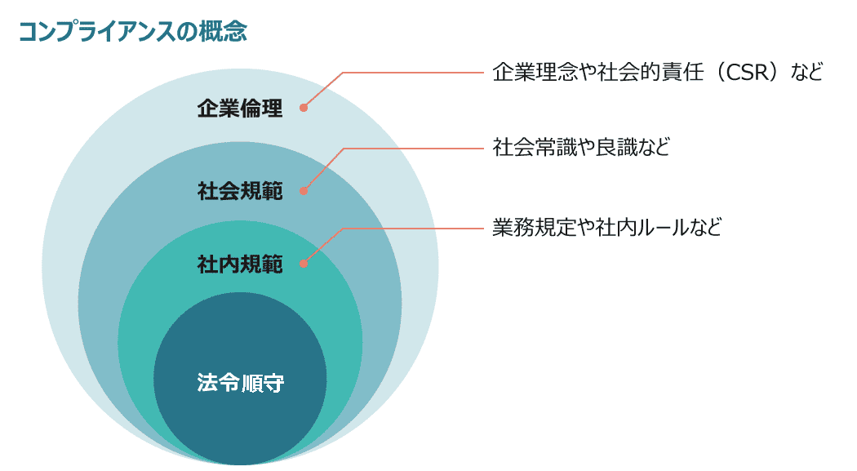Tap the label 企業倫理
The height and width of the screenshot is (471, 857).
[x=240, y=109]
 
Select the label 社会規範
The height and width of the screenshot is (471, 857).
[x=240, y=192]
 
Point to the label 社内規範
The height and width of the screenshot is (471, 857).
[x=240, y=264]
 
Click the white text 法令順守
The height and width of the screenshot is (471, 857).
[x=240, y=383]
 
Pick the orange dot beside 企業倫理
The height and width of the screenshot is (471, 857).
[x=304, y=107]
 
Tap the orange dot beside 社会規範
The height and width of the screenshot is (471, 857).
[x=304, y=191]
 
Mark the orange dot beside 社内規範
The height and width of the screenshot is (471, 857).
[x=304, y=264]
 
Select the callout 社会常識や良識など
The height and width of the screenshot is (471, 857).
[x=581, y=148]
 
